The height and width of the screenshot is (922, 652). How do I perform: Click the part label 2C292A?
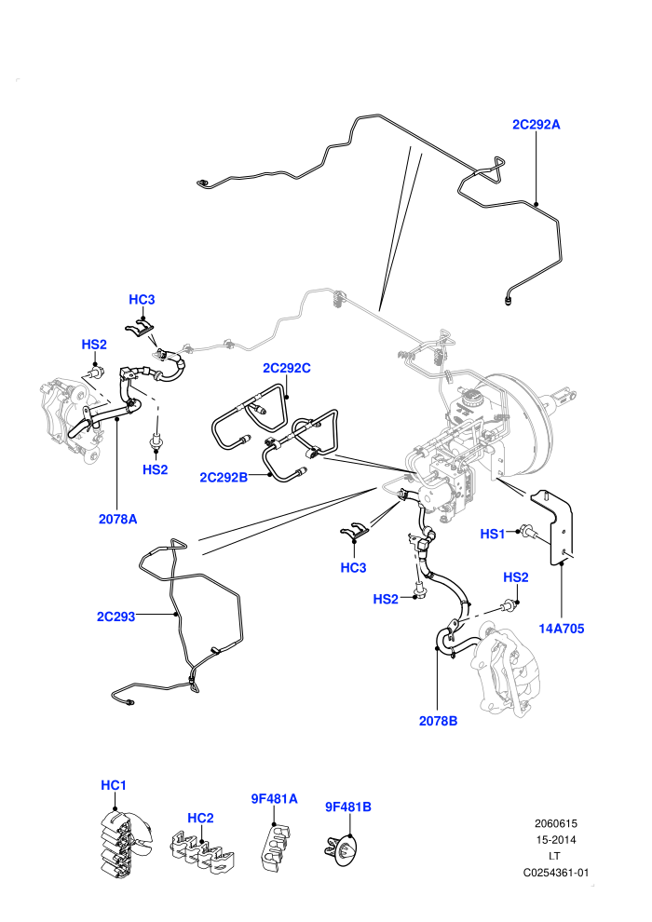pyautogui.click(x=537, y=125)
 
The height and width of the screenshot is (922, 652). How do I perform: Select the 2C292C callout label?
pyautogui.click(x=286, y=368)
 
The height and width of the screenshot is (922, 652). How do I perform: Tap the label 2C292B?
pyautogui.click(x=224, y=478)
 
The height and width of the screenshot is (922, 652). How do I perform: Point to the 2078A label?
pyautogui.click(x=117, y=520)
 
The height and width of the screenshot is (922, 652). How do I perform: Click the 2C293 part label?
pyautogui.click(x=115, y=617)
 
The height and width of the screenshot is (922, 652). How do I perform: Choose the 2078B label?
pyautogui.click(x=438, y=721)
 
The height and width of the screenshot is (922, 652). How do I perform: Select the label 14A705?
pyautogui.click(x=562, y=629)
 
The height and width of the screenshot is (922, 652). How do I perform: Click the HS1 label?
pyautogui.click(x=493, y=534)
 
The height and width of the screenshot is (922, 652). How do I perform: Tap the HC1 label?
pyautogui.click(x=114, y=786)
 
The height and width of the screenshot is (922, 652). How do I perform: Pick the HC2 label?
pyautogui.click(x=200, y=818)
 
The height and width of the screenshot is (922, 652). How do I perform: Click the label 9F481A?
pyautogui.click(x=274, y=799)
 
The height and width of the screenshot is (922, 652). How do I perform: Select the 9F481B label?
pyautogui.click(x=348, y=807)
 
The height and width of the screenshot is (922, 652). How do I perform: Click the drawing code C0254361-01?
pyautogui.click(x=555, y=873)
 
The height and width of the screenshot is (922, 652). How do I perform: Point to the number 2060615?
pyautogui.click(x=555, y=824)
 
